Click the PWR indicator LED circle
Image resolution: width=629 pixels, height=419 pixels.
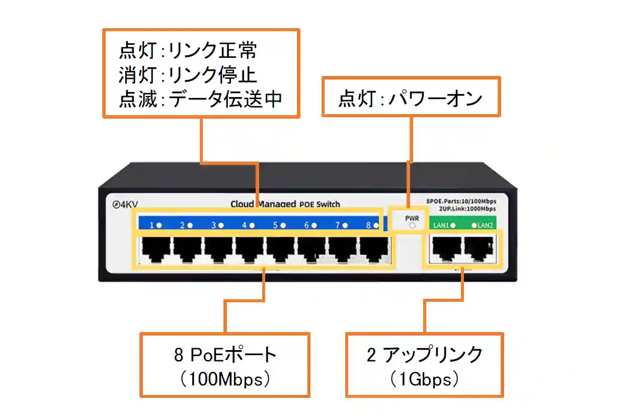(x=413, y=226)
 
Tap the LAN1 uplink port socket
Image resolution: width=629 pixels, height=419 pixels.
(x=444, y=248)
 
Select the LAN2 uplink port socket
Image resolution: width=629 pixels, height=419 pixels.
(x=479, y=248)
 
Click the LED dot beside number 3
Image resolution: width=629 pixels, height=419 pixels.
(x=221, y=225)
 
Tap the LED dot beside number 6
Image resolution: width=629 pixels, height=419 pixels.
(x=314, y=225)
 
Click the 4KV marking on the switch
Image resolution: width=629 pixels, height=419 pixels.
(x=126, y=205)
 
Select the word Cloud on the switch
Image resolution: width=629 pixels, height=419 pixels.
(x=243, y=204)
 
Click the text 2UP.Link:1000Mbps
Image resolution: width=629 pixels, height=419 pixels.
(x=467, y=209)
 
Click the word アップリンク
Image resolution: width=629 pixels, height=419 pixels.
(x=433, y=355)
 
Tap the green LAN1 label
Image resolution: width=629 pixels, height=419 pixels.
(x=441, y=225)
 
